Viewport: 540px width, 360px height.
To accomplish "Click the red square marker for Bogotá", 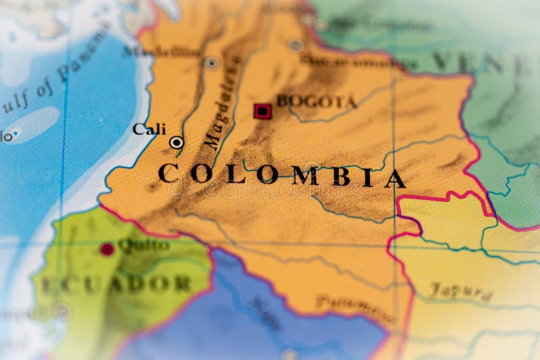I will pos(262,111).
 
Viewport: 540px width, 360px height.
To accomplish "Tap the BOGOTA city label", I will pos(316,102).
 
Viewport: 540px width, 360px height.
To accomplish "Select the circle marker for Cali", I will pos(176,142).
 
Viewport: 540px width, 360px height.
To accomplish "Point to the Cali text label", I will pos(149,128).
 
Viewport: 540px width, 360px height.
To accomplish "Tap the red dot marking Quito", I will pos(107,249).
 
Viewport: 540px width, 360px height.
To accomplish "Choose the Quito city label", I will pos(143,245).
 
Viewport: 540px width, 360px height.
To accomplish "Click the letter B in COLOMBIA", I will pos(340,176).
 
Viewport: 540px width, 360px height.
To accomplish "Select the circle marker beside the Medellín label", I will pos(211,63).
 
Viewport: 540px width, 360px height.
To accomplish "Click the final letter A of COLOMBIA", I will pos(396,179).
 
